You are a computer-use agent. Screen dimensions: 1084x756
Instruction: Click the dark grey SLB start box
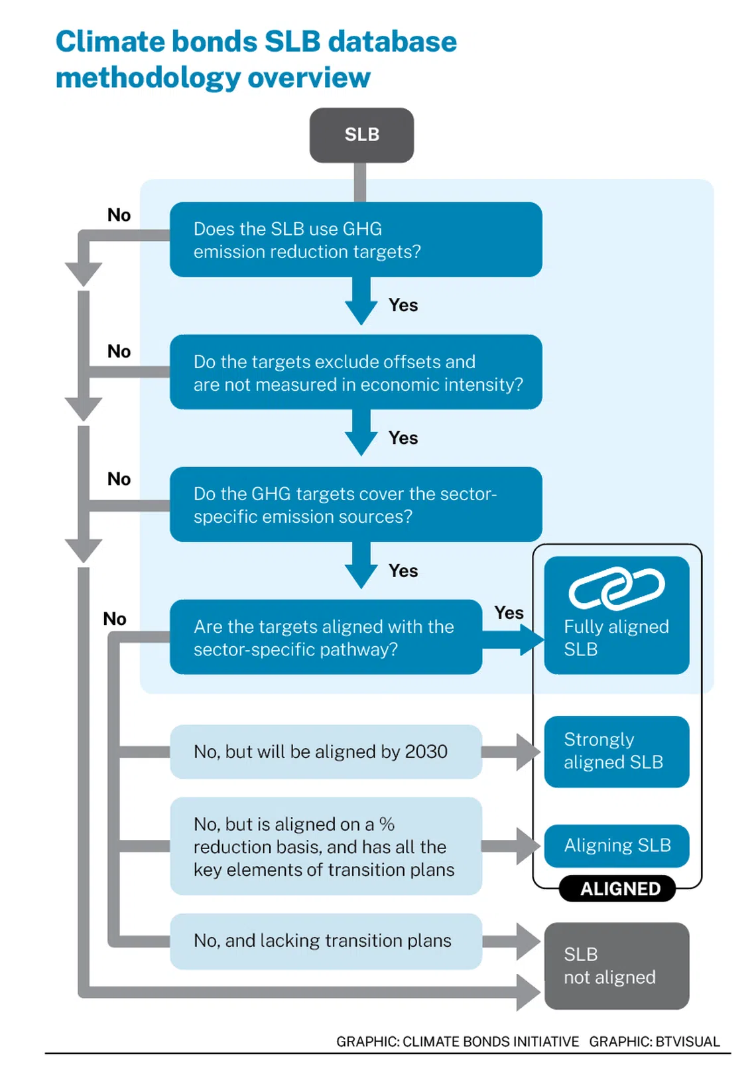[361, 135]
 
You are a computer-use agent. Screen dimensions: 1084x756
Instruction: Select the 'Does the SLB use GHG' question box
[355, 239]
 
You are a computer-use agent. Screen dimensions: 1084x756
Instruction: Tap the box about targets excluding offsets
[355, 372]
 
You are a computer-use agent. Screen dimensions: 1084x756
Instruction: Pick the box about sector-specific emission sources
[355, 504]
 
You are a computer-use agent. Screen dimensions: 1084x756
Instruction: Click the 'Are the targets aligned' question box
[325, 637]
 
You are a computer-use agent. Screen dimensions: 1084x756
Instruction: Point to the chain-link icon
[617, 588]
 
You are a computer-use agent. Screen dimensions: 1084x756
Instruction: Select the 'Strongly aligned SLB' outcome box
[616, 751]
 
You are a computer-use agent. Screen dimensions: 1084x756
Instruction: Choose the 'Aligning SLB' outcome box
[616, 845]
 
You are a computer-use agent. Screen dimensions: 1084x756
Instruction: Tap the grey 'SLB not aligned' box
[616, 965]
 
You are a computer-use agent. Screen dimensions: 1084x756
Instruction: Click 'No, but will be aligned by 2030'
[325, 752]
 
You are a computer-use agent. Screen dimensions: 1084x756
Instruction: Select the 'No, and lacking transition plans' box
[325, 941]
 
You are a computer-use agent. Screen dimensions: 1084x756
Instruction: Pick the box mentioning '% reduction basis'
[325, 846]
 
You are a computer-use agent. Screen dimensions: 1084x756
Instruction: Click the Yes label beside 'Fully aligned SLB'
[509, 612]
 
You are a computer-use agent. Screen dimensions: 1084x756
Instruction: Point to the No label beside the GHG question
[119, 215]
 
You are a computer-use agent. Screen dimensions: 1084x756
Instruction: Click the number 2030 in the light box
[426, 752]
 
